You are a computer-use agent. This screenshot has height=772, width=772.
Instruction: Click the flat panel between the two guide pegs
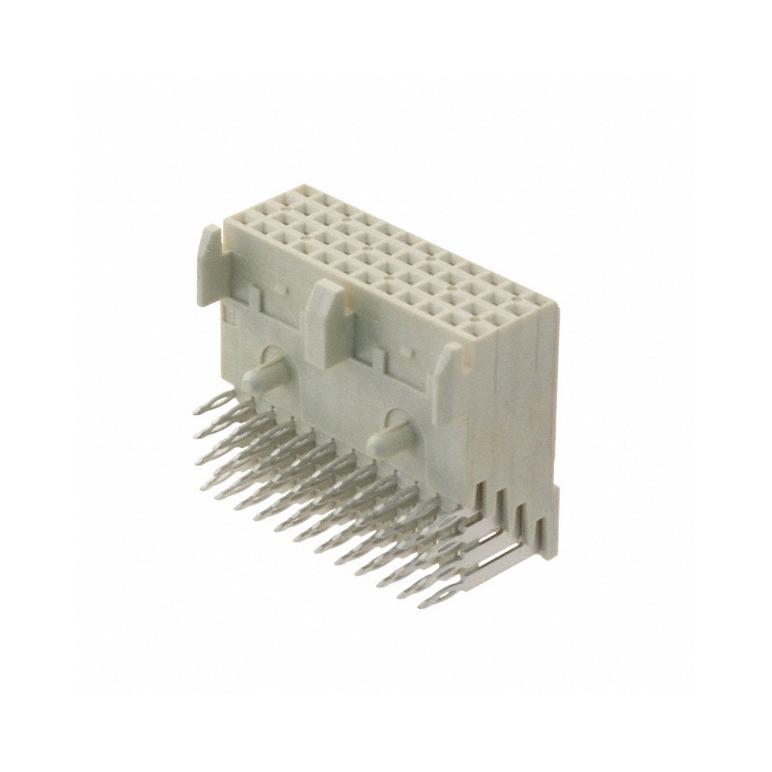pos(328,405)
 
